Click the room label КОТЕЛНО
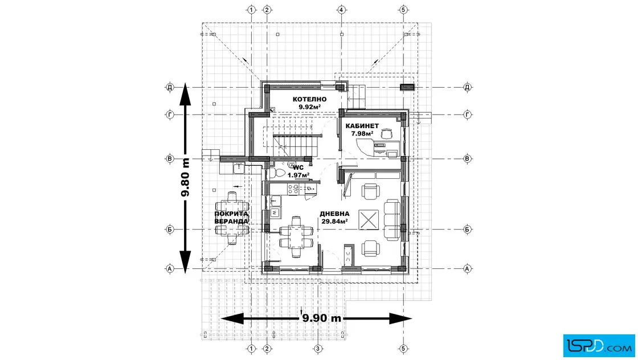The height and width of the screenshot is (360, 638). tap(309, 99)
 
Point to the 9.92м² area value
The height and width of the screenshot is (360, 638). tap(309, 107)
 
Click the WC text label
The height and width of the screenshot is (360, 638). tap(298, 168)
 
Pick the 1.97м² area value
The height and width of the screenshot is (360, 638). tap(298, 175)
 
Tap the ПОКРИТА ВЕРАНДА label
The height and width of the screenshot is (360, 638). tap(231, 217)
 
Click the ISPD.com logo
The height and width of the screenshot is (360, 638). tap(596, 343)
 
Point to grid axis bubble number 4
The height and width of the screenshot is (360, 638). tap(341, 10)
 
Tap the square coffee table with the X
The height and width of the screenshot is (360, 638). tap(368, 219)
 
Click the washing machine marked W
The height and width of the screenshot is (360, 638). tap(275, 212)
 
